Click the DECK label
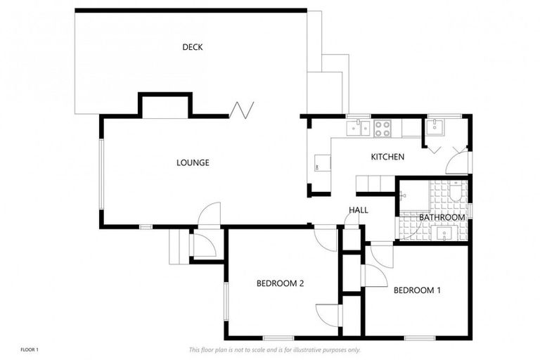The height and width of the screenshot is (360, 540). [193, 48]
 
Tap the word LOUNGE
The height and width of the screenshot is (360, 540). [193, 163]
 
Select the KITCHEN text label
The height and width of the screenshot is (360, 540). [387, 157]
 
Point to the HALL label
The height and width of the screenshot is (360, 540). [358, 210]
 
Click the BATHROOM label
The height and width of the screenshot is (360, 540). [442, 218]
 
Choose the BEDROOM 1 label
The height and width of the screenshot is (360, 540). [417, 290]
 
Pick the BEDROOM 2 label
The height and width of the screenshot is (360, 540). [280, 284]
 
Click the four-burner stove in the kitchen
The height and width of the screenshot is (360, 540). [382, 128]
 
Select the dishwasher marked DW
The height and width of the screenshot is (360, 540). [317, 166]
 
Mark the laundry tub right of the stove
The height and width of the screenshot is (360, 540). [436, 127]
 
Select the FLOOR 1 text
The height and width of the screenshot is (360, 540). [30, 349]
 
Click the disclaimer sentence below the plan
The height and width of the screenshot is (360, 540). [274, 349]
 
